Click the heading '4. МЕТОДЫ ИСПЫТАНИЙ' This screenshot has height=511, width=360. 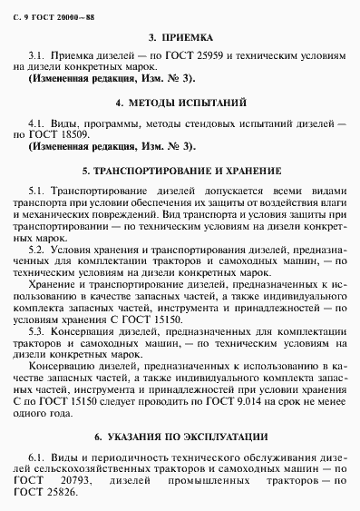[x=180, y=103]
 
